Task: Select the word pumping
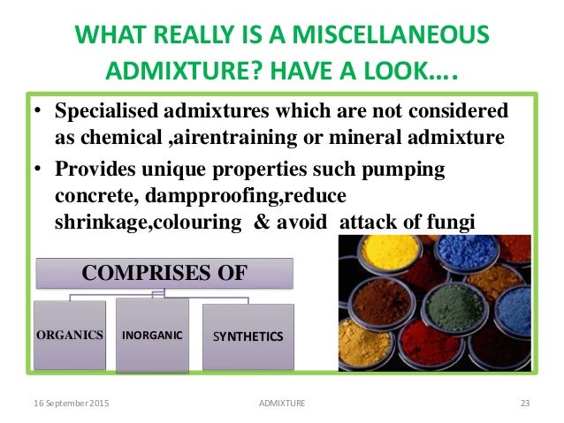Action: click(408, 170)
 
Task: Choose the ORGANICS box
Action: click(71, 336)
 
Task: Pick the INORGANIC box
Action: click(151, 336)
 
